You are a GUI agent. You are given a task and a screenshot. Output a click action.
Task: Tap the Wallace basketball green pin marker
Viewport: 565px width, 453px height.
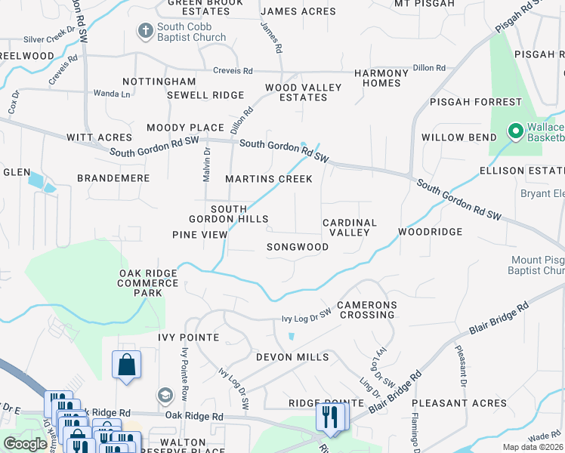point(516,132)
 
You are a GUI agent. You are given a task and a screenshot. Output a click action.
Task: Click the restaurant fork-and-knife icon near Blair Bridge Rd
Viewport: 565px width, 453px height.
point(330,416)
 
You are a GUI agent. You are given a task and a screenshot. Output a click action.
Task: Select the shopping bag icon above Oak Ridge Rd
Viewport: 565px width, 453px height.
point(126,365)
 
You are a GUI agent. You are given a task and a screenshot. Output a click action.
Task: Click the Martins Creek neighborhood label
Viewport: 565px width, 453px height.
point(269,179)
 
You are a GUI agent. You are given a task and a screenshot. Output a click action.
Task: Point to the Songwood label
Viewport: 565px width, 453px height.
point(298,247)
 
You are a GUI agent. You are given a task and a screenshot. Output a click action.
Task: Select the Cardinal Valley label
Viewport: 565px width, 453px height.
point(349,227)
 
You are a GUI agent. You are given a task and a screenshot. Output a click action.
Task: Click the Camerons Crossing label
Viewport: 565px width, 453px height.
point(366,310)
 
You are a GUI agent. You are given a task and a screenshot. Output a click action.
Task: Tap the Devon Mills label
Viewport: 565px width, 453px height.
point(292,356)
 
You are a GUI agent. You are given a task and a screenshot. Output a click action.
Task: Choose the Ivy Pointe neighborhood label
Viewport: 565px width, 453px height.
point(188,337)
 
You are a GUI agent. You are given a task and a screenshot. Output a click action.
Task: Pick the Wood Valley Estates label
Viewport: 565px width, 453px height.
point(303,92)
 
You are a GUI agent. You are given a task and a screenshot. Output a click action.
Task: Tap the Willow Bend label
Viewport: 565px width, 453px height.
point(458,137)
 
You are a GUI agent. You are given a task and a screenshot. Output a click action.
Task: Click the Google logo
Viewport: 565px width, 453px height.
point(25,444)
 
